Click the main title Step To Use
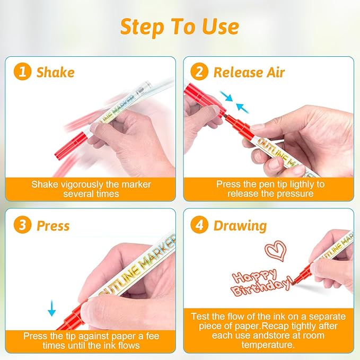pos(180,27)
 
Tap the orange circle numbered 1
pos(22,72)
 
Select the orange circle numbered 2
pos(199,72)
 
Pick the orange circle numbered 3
pos(22,225)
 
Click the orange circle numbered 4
pos(199,225)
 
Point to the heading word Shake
pos(56,72)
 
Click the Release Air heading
pos(249,72)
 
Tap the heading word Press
pos(53,225)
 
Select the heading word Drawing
pos(240,226)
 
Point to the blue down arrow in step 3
pos(51,308)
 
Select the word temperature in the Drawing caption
pos(268,345)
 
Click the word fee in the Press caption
pos(153,336)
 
